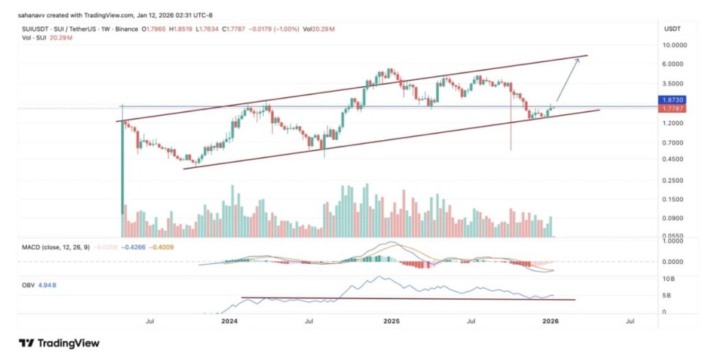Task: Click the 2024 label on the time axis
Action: point(229,320)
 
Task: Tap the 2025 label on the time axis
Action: point(392,320)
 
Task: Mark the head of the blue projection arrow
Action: point(579,60)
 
